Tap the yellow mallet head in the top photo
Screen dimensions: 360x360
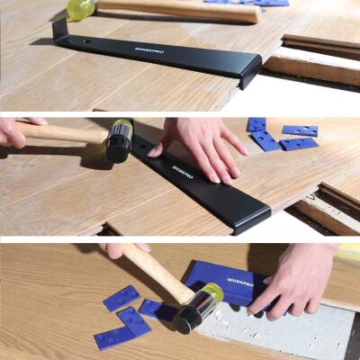78,9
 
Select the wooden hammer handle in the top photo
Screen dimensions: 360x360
180,10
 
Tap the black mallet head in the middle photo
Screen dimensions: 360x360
119,141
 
